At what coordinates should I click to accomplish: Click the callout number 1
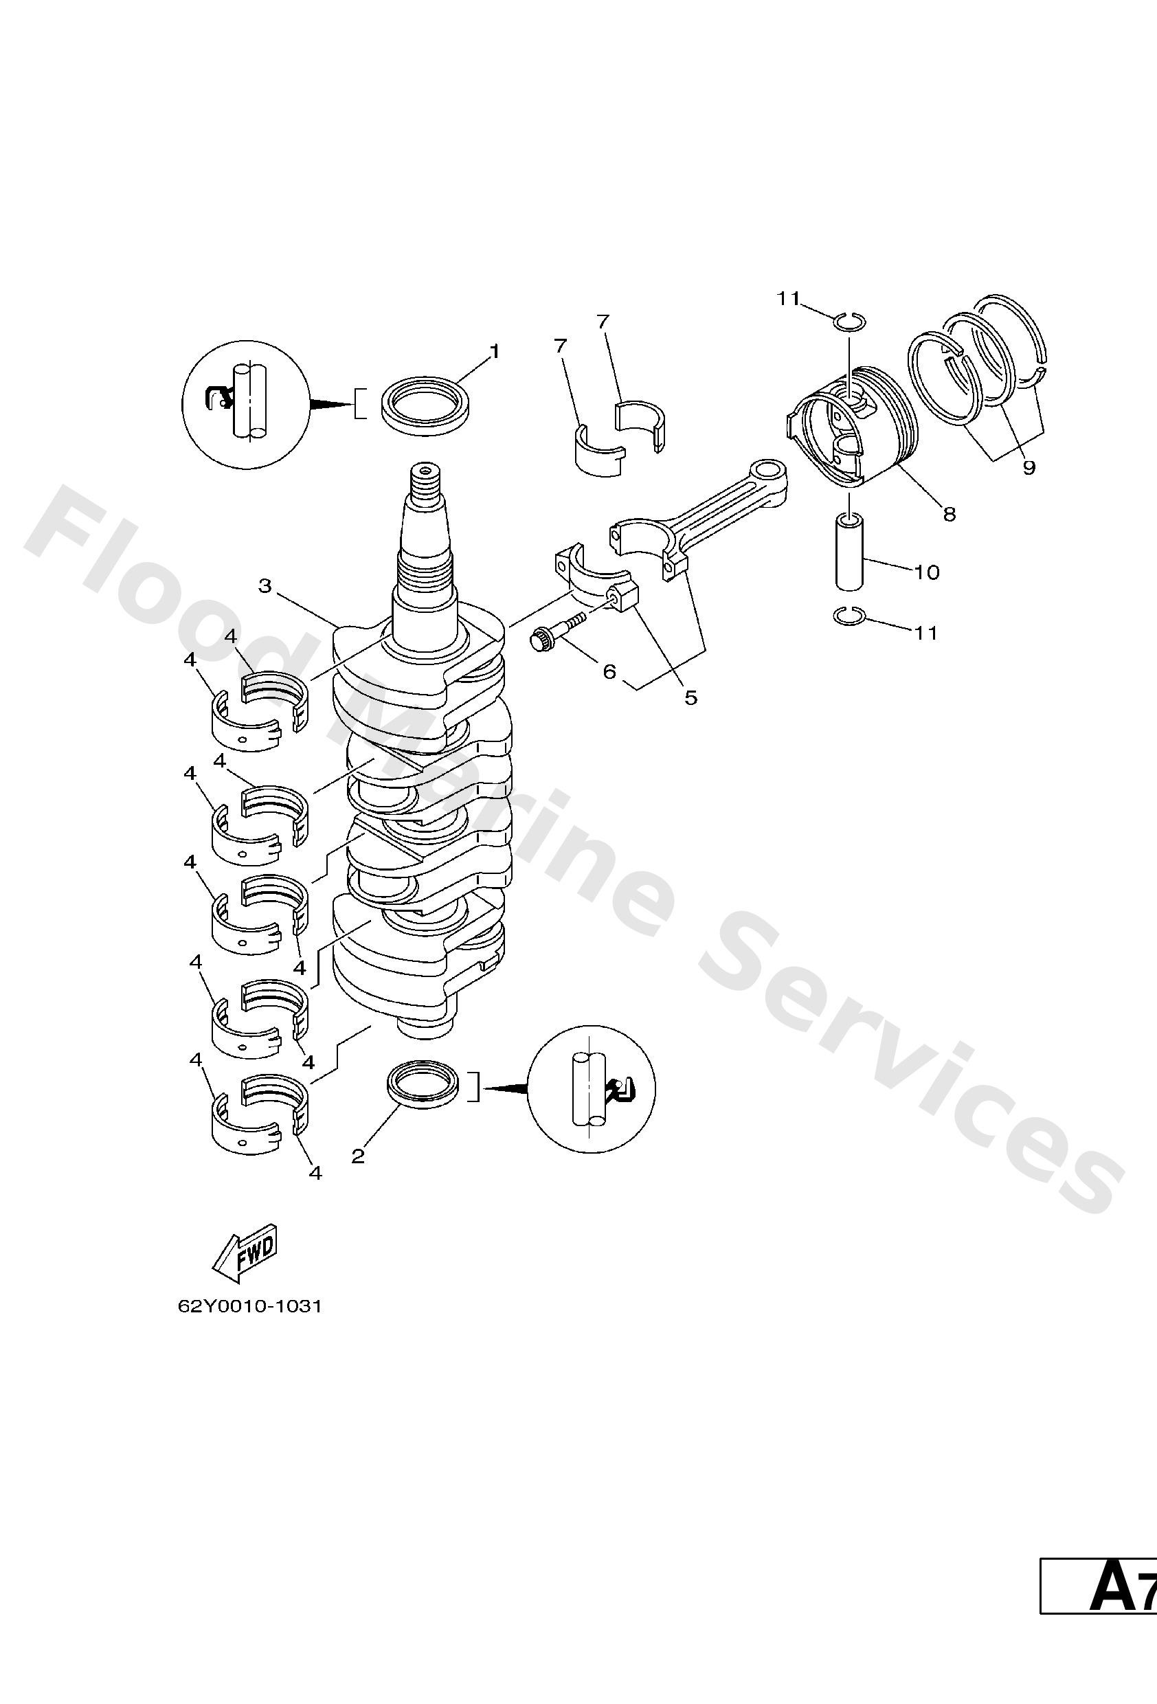click(494, 352)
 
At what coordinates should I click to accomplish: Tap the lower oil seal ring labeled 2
click(424, 1082)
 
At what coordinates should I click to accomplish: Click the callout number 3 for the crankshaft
click(265, 586)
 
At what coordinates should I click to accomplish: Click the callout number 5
click(690, 697)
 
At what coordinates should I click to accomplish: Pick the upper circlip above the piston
click(850, 320)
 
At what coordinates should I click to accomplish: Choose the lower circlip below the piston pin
click(850, 618)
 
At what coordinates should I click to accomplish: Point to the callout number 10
click(927, 572)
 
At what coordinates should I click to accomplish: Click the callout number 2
click(358, 1156)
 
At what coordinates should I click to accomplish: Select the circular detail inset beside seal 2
click(592, 1088)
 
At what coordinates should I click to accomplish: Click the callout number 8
click(950, 515)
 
